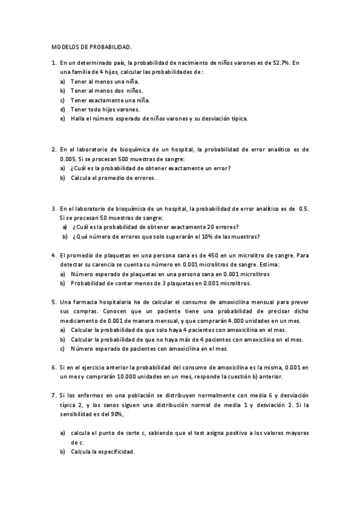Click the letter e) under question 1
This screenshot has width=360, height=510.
[x=63, y=118]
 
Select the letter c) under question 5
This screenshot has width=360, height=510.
[x=63, y=349]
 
